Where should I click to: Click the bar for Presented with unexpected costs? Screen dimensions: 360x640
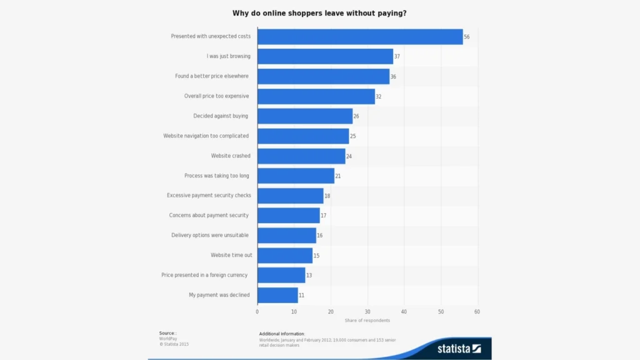click(x=360, y=36)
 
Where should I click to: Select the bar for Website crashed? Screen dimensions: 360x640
click(x=301, y=156)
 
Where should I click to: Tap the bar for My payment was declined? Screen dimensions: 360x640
click(x=277, y=295)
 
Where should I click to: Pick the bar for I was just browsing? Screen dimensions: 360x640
click(x=325, y=56)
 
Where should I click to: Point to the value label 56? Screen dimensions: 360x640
click(x=466, y=37)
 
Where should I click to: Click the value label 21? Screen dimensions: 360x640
click(x=337, y=176)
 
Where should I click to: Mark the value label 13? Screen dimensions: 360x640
click(x=309, y=276)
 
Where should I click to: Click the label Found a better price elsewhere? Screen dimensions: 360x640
click(x=212, y=76)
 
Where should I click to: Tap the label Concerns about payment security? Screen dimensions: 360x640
click(x=209, y=215)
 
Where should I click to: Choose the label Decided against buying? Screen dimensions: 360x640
click(x=221, y=116)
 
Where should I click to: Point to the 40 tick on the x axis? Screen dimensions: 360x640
click(x=404, y=311)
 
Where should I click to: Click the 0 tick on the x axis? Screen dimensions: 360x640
click(x=257, y=311)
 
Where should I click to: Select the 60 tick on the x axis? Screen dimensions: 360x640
click(x=477, y=311)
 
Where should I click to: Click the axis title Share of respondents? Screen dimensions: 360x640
click(x=367, y=321)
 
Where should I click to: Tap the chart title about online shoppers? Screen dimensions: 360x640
click(x=319, y=13)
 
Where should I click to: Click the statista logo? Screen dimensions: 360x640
click(x=459, y=348)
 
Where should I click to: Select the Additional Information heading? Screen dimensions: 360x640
click(x=282, y=334)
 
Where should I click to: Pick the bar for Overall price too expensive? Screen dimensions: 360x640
click(x=316, y=96)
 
